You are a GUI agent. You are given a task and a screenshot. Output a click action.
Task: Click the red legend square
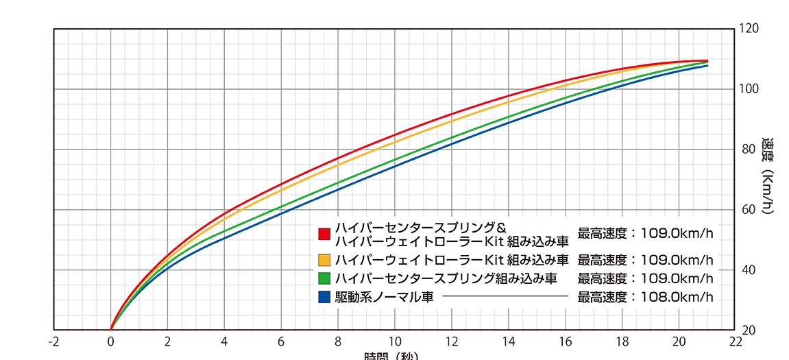point(325,234)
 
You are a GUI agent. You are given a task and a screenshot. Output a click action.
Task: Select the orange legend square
point(325,261)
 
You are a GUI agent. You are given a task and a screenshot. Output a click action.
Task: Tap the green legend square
point(325,279)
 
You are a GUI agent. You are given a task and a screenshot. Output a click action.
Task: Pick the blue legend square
point(325,298)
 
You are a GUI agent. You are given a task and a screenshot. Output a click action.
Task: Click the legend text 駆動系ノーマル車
point(384,298)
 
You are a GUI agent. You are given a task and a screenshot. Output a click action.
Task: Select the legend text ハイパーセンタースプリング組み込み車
point(446,279)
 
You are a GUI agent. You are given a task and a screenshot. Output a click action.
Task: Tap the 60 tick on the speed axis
point(749,210)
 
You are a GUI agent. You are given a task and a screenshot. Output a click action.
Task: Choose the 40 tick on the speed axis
point(749,270)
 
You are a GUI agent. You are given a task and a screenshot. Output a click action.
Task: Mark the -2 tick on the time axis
point(54,341)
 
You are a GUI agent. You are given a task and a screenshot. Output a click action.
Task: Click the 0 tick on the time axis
point(111,341)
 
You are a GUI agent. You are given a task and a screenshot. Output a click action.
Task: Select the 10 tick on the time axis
point(395,341)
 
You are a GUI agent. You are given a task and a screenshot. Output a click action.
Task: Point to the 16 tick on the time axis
point(565,341)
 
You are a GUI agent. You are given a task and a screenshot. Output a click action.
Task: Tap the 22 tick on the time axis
point(736,341)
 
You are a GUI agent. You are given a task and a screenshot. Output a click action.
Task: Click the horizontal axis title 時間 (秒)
point(390,357)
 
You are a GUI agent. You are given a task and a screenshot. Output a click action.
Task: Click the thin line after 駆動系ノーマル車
point(505,297)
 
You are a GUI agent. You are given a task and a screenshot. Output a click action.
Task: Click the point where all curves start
point(111,330)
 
